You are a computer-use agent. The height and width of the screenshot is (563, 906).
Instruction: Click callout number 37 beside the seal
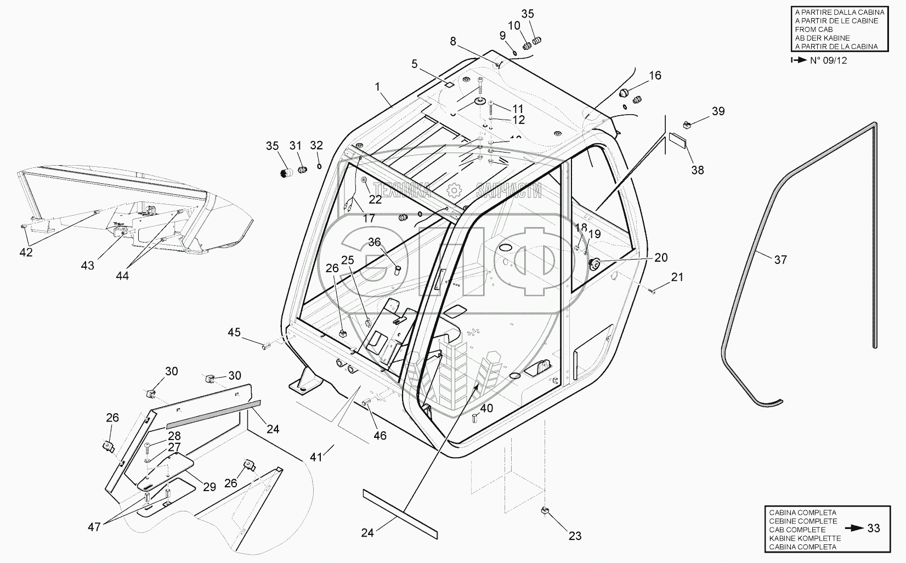(x=780, y=259)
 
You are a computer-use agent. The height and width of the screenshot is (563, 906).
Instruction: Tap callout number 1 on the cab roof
(x=377, y=86)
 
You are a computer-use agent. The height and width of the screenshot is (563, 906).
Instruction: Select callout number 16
(x=655, y=76)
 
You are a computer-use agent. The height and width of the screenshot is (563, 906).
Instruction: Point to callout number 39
(x=718, y=111)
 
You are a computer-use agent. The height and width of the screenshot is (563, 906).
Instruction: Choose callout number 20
(x=661, y=257)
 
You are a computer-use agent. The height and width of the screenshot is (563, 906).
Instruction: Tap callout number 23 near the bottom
(x=575, y=536)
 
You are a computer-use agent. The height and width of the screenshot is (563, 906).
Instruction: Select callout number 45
(x=234, y=332)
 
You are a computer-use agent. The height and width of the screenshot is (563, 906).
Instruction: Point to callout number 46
(x=380, y=435)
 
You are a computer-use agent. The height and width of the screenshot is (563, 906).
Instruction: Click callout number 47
(x=94, y=527)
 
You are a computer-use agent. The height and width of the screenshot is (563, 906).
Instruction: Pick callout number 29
(x=209, y=486)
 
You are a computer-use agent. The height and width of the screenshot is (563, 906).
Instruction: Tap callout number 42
(x=26, y=252)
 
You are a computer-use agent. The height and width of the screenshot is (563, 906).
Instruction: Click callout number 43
(x=87, y=266)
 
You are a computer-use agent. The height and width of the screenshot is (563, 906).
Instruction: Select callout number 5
(x=415, y=65)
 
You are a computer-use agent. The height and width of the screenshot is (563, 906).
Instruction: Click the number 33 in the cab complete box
(x=874, y=528)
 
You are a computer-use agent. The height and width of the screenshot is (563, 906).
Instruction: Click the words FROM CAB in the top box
(x=813, y=29)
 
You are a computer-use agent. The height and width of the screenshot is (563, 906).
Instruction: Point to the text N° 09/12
(x=828, y=60)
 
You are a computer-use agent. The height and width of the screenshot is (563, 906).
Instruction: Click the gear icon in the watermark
(x=454, y=191)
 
